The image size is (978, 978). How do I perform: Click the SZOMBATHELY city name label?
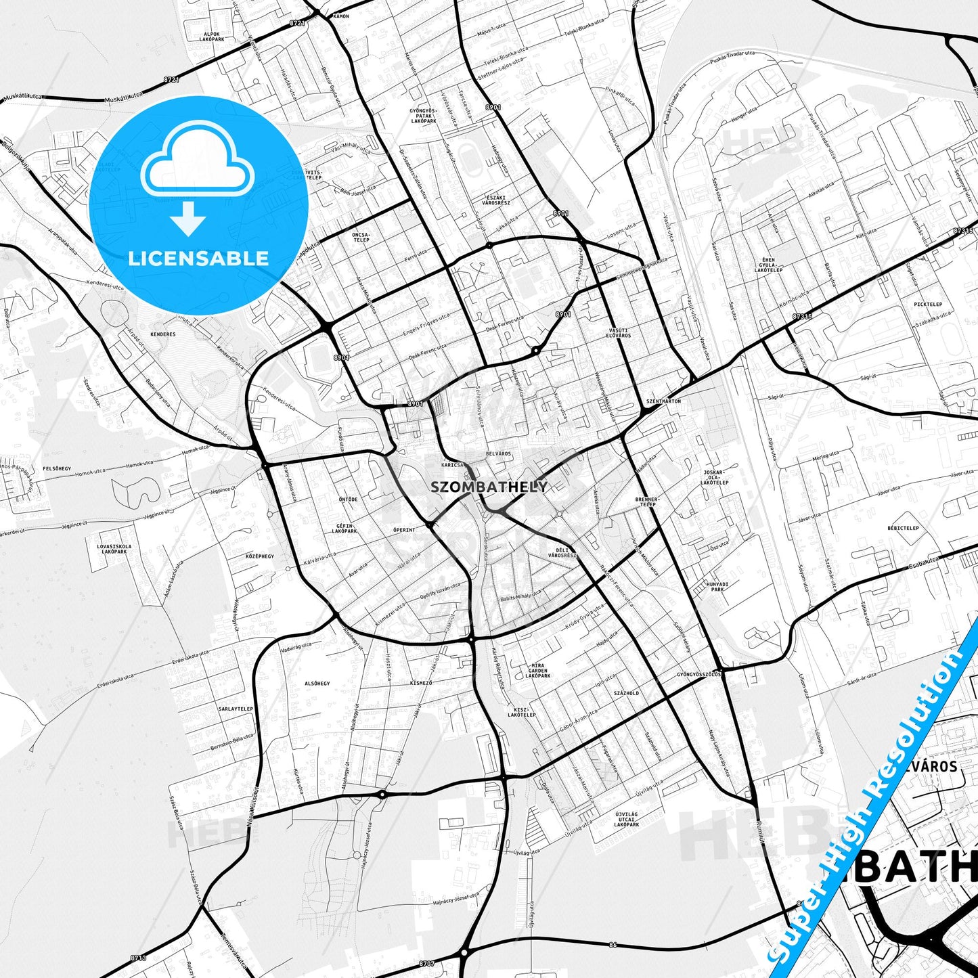click(x=489, y=487)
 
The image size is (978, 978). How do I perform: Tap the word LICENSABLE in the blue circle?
click(x=198, y=258)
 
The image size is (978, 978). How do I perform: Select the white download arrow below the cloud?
click(x=188, y=218)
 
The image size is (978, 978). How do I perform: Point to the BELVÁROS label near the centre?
click(x=499, y=453)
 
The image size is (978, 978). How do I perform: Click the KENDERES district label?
click(x=163, y=334)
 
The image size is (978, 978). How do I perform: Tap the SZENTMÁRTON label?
click(x=663, y=401)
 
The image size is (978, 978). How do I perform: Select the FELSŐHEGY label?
click(x=58, y=468)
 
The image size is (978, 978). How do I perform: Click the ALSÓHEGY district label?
click(x=317, y=684)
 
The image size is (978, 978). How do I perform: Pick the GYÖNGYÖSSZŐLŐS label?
click(x=700, y=675)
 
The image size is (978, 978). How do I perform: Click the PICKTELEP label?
click(x=928, y=305)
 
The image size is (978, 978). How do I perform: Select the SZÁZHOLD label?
click(x=626, y=694)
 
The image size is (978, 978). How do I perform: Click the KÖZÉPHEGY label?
click(x=260, y=556)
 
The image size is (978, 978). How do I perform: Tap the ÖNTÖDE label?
click(x=348, y=499)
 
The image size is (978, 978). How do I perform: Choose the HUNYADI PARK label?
click(x=717, y=586)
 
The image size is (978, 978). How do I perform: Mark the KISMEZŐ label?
click(x=420, y=684)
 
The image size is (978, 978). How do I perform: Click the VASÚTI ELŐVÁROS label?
click(x=619, y=332)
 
